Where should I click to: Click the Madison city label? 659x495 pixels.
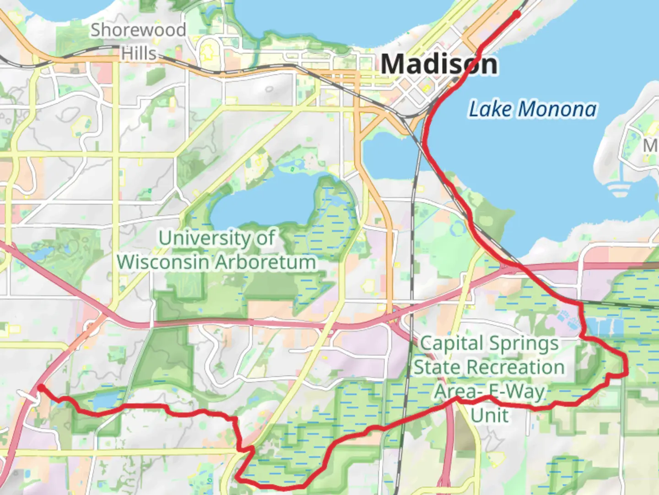pos(438,64)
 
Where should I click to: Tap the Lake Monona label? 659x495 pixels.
pos(533,109)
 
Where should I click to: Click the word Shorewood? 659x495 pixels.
pos(138,30)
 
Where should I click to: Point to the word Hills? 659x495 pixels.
pos(139,54)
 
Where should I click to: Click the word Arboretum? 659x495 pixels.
pos(265,262)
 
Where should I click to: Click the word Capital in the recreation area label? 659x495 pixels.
pos(451,343)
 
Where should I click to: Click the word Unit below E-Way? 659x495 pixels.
pos(489,415)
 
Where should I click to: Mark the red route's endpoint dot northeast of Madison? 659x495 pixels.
pos(517,14)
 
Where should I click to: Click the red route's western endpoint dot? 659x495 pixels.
pos(41,388)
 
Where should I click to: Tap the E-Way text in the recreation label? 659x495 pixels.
pos(517,392)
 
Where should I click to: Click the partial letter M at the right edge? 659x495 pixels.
pos(651,146)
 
